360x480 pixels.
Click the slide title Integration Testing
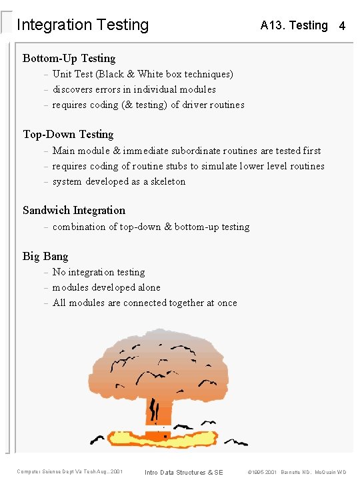pyautogui.click(x=83, y=25)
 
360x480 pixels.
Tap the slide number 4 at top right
pyautogui.click(x=342, y=27)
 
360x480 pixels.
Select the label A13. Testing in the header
pyautogui.click(x=294, y=25)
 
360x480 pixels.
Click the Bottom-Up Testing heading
pyautogui.click(x=69, y=58)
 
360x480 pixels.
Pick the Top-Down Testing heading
pyautogui.click(x=68, y=135)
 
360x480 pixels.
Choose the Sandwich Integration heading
pyautogui.click(x=74, y=211)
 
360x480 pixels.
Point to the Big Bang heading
pyautogui.click(x=45, y=256)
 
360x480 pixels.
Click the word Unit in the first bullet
pyautogui.click(x=62, y=74)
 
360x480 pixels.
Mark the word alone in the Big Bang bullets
pyautogui.click(x=148, y=287)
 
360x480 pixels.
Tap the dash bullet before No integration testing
pyautogui.click(x=46, y=273)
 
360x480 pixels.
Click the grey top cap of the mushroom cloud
pyautogui.click(x=157, y=340)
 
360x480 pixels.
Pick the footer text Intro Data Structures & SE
pyautogui.click(x=184, y=472)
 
